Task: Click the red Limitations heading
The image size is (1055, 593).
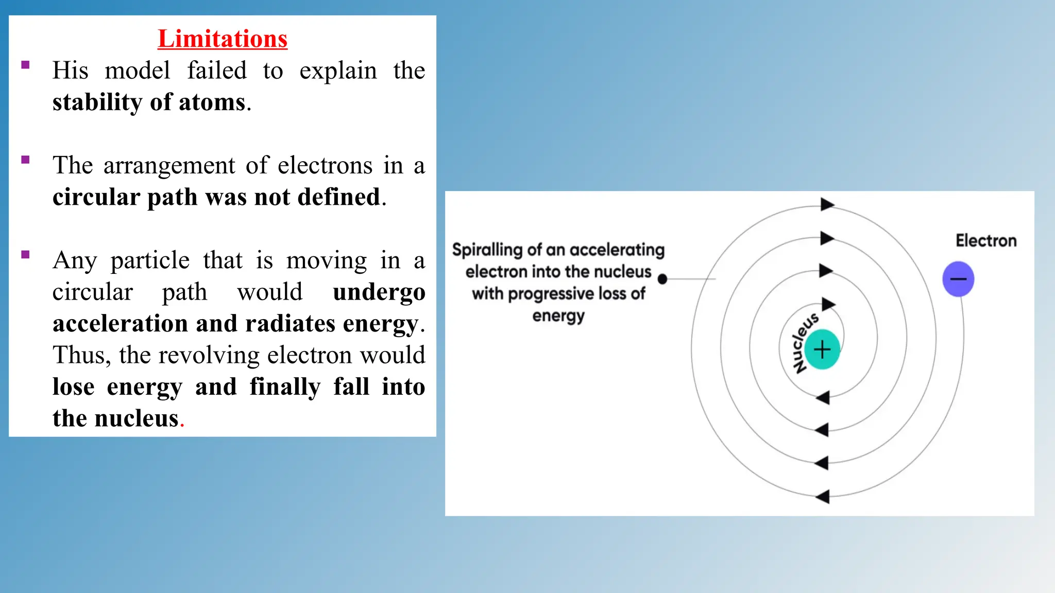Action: [x=223, y=39]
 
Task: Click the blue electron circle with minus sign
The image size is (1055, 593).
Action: [x=958, y=279]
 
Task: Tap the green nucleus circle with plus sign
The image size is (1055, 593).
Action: [x=822, y=350]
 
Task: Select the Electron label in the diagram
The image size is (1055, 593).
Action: [x=986, y=241]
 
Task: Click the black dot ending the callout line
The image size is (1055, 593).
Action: [x=663, y=279]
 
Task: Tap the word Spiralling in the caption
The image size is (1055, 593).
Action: [x=487, y=250]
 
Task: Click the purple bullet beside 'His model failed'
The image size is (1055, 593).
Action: [x=25, y=65]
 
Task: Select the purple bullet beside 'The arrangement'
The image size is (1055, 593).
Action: [x=25, y=160]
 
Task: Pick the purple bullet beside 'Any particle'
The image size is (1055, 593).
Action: [x=25, y=254]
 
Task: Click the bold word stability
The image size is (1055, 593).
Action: [x=97, y=102]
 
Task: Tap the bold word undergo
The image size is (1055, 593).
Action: [x=379, y=292]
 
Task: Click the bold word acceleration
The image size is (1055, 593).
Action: [x=120, y=324]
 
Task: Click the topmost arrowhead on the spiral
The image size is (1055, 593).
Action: [x=827, y=204]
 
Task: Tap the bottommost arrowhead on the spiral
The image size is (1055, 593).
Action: [x=823, y=497]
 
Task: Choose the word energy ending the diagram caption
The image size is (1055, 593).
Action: [x=558, y=316]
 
